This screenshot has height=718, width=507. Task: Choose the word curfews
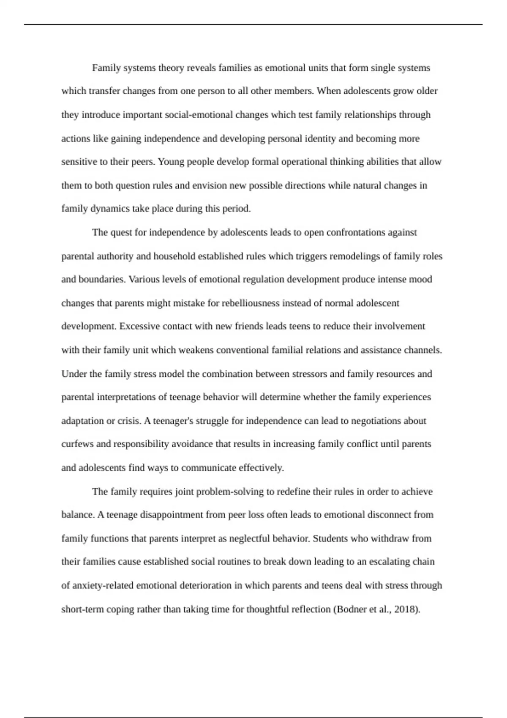(x=77, y=444)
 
